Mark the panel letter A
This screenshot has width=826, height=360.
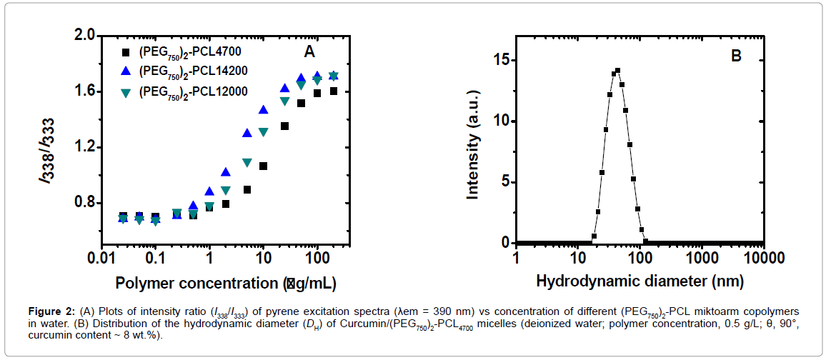309,51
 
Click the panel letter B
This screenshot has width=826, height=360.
736,55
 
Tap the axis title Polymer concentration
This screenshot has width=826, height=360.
226,283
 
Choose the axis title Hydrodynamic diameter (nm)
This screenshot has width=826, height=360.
640,281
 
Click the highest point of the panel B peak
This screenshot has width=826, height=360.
617,70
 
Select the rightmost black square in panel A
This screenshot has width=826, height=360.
334,91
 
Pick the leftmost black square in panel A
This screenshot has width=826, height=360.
123,216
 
